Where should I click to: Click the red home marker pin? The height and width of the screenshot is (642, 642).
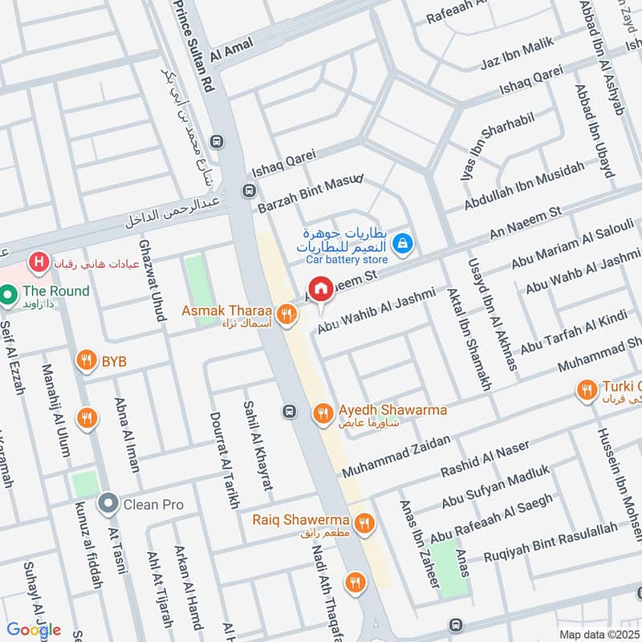tap(321, 289)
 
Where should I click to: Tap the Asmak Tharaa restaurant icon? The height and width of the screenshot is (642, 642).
tap(285, 314)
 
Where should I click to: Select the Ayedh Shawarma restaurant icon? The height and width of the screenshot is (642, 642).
tap(323, 412)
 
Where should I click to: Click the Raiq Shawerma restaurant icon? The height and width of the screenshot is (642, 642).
tap(364, 522)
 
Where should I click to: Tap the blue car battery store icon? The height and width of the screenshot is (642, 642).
tap(404, 241)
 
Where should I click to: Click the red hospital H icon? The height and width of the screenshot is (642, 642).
tap(36, 262)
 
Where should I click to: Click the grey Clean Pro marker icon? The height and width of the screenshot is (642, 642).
tap(108, 504)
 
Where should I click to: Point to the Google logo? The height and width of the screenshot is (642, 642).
tap(34, 630)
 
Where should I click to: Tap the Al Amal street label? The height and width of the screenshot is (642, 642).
tap(231, 50)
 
